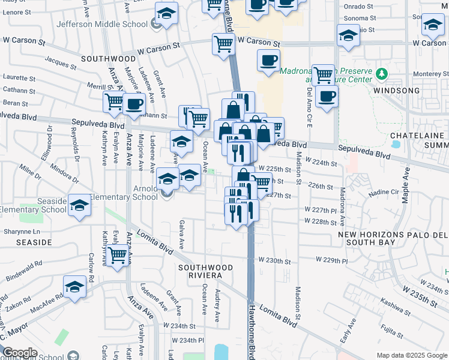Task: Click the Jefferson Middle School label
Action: [101, 25]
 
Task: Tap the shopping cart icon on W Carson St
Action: [223, 44]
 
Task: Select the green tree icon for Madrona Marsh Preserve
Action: [381, 75]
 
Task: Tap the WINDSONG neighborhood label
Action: [396, 91]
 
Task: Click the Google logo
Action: [20, 353]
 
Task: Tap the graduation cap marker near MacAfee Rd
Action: [76, 287]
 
